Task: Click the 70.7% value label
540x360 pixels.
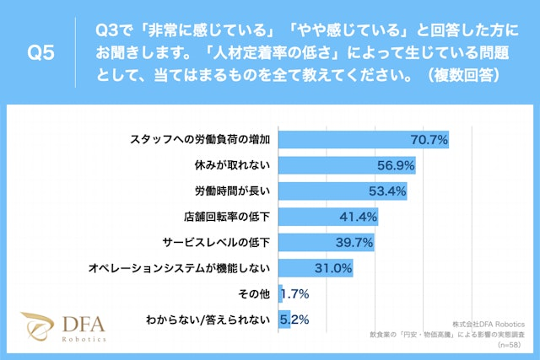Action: [x=428, y=139]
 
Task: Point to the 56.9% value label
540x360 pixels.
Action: [x=394, y=165]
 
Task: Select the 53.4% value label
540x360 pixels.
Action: [x=386, y=191]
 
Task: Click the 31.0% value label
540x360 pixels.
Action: [x=332, y=268]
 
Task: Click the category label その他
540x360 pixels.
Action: [x=252, y=294]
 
